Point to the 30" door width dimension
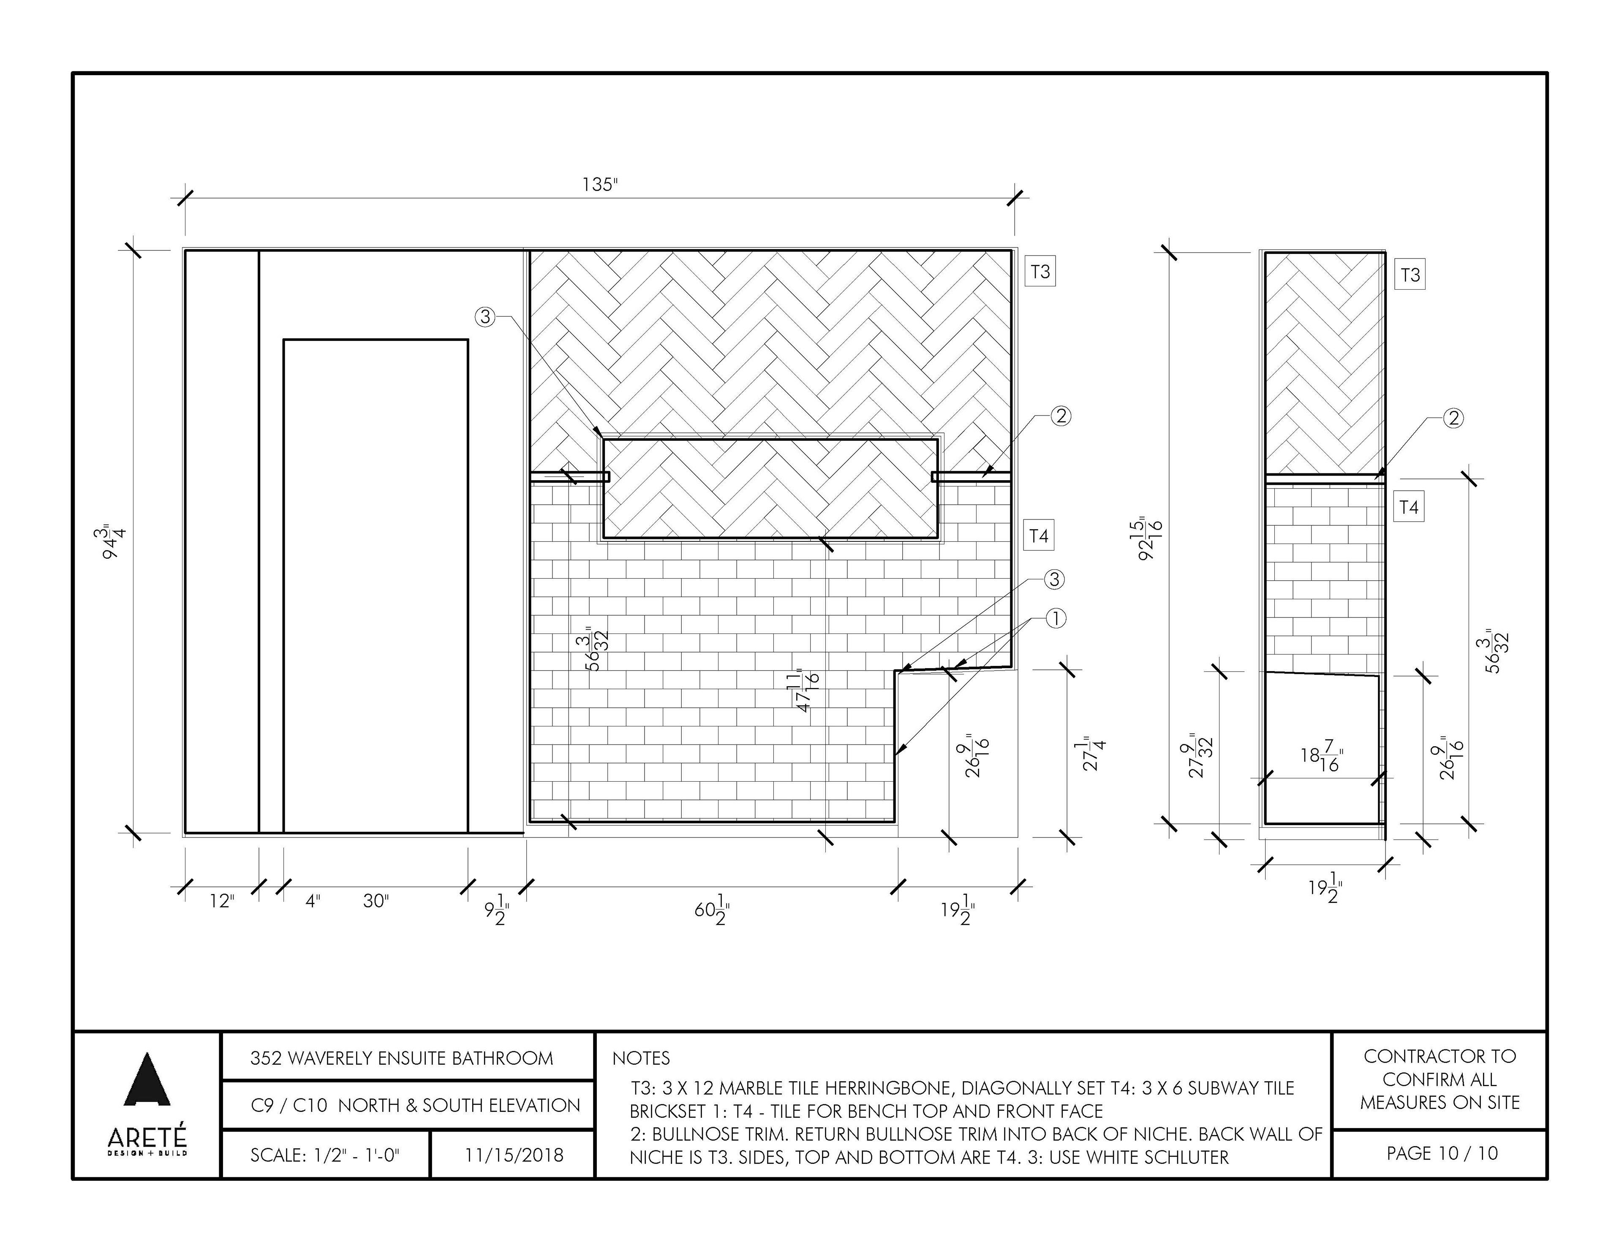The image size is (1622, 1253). tap(376, 901)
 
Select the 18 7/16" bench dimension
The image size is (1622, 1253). tap(1321, 758)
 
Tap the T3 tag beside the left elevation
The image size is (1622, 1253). tap(1040, 272)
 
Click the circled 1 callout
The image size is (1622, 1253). tap(1055, 618)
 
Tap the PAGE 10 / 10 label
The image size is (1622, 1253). tap(1442, 1153)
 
